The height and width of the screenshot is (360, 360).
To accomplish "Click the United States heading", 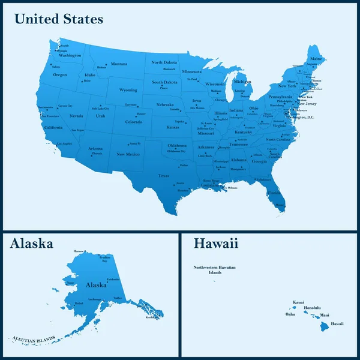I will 59,19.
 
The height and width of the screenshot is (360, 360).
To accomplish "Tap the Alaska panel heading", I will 32,243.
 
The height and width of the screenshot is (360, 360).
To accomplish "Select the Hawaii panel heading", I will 216,243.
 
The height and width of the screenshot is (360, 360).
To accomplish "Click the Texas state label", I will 164,176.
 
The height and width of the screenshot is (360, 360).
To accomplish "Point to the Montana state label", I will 119,64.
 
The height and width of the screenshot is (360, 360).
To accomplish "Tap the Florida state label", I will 274,193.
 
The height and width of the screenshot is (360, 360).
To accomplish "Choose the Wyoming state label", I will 128,90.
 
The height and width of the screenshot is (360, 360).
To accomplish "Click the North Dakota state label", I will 164,62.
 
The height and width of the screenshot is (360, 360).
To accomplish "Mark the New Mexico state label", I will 128,154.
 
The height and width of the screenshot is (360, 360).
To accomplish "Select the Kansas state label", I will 173,127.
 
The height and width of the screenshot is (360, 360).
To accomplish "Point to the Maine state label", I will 316,59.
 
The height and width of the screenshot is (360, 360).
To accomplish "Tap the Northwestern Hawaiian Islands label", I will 215,269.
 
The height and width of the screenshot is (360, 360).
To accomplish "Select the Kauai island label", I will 298,302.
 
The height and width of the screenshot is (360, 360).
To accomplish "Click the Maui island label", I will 325,314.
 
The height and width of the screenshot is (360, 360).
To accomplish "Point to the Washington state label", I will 70,56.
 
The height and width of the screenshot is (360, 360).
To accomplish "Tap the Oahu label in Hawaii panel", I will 290,314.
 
